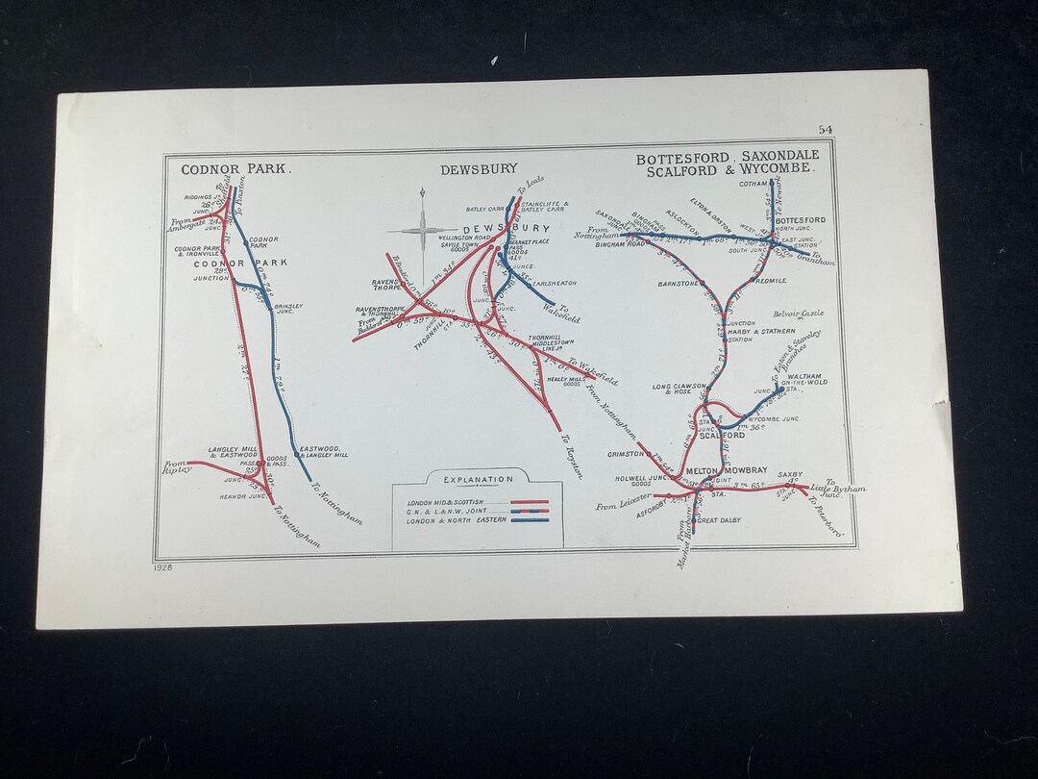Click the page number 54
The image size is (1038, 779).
tap(826, 130)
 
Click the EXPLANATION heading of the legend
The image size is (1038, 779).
tap(478, 479)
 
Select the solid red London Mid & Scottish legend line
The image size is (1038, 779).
tap(530, 502)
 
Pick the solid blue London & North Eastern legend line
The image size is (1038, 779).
tap(530, 519)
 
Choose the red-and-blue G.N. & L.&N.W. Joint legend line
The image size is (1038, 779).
tap(530, 511)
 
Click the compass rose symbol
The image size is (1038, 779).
tap(422, 229)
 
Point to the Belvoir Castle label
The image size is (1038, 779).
tap(799, 314)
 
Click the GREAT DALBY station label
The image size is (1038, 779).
tap(721, 520)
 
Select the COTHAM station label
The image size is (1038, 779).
tap(753, 184)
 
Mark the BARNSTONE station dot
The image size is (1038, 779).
tap(704, 285)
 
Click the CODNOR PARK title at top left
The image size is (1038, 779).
tap(235, 168)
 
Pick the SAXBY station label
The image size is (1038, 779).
tap(791, 474)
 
